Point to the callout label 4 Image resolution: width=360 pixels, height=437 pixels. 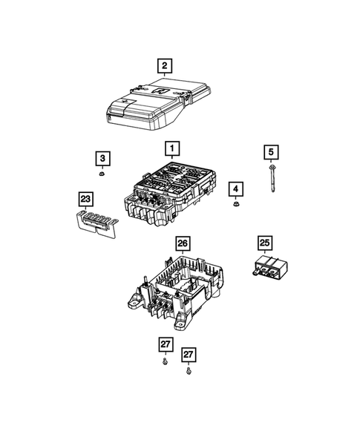click(x=235, y=190)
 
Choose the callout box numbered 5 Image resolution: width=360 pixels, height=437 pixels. click(x=271, y=152)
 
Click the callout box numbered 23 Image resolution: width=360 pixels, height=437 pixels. click(x=88, y=198)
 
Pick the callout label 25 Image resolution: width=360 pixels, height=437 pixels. click(x=265, y=242)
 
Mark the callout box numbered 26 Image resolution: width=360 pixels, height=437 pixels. click(x=181, y=243)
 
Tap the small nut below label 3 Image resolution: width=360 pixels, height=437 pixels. click(x=101, y=175)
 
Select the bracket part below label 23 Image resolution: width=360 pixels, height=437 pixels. click(x=95, y=222)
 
